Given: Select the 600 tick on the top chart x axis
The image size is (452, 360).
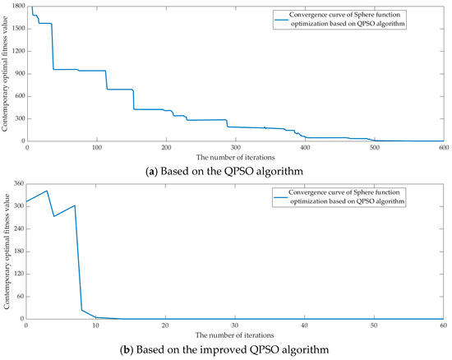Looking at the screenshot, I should click(x=442, y=147).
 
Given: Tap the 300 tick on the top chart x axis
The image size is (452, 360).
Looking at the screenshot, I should click(x=235, y=147).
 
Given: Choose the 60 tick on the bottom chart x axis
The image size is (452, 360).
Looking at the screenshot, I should click(x=442, y=325).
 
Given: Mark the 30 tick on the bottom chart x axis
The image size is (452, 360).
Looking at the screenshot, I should click(x=235, y=325).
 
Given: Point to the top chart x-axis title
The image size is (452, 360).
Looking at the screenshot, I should click(x=235, y=156).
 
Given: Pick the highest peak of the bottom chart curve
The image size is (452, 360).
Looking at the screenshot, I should click(x=47, y=191).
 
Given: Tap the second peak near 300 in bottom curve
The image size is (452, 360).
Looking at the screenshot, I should click(x=75, y=205).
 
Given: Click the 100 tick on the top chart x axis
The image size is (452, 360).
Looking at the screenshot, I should click(x=96, y=147).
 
